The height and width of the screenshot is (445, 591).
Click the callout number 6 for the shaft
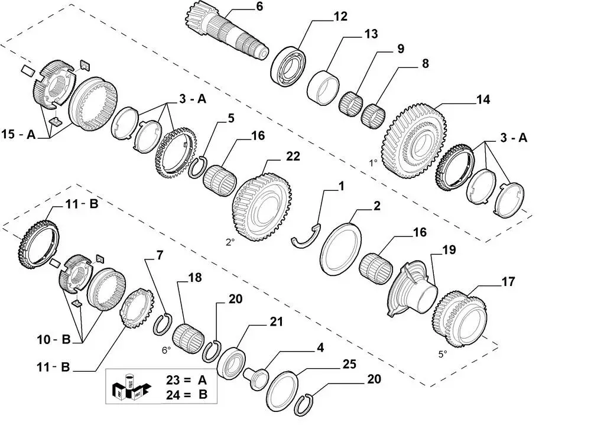point(243,7)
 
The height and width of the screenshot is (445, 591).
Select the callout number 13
point(371,34)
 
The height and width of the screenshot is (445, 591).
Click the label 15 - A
point(18,135)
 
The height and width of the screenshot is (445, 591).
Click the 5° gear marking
point(442,353)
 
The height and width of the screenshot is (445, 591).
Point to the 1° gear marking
point(373,161)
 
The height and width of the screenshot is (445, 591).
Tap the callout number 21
point(276,322)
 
